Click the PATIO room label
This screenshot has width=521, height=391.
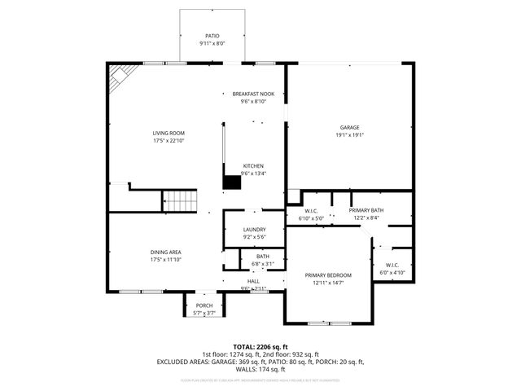point(212,36)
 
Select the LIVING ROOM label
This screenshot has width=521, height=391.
point(169,133)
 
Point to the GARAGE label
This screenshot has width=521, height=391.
point(349,127)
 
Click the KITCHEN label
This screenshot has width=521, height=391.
point(253,165)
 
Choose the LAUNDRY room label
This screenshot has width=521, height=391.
point(254,230)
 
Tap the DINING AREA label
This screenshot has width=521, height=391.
point(165,252)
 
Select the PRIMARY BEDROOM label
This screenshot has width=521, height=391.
point(328,275)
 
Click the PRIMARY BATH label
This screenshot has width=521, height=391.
point(366,210)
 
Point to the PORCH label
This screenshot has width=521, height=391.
point(204,305)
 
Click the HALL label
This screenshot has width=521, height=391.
point(253,282)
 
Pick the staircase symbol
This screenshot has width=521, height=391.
point(179,200)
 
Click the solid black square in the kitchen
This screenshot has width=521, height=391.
point(232,182)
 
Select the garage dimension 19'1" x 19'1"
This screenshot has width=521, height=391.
point(349,135)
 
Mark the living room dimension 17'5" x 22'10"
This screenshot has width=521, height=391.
point(169,141)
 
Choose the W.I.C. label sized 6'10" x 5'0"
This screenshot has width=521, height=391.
point(311,211)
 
